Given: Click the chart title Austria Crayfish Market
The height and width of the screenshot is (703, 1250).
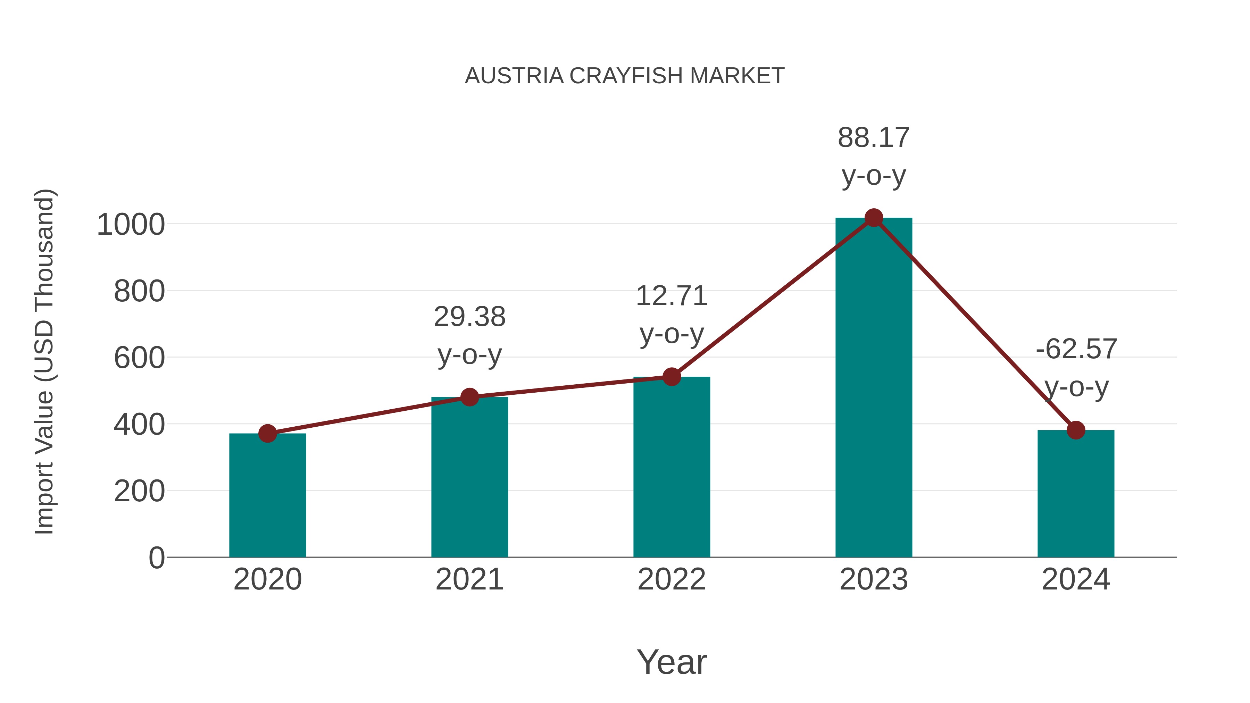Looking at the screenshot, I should pyautogui.click(x=625, y=76).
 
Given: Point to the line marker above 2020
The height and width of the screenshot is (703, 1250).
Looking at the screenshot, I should pyautogui.click(x=267, y=433).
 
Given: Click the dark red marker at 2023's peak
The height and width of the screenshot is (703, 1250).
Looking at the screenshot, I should pyautogui.click(x=874, y=218).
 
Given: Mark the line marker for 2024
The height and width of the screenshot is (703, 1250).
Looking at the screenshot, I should pyautogui.click(x=1076, y=430).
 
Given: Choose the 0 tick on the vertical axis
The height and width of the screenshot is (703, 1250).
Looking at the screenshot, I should pyautogui.click(x=156, y=558).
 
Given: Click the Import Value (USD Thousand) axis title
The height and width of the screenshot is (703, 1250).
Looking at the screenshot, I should pyautogui.click(x=45, y=361).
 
